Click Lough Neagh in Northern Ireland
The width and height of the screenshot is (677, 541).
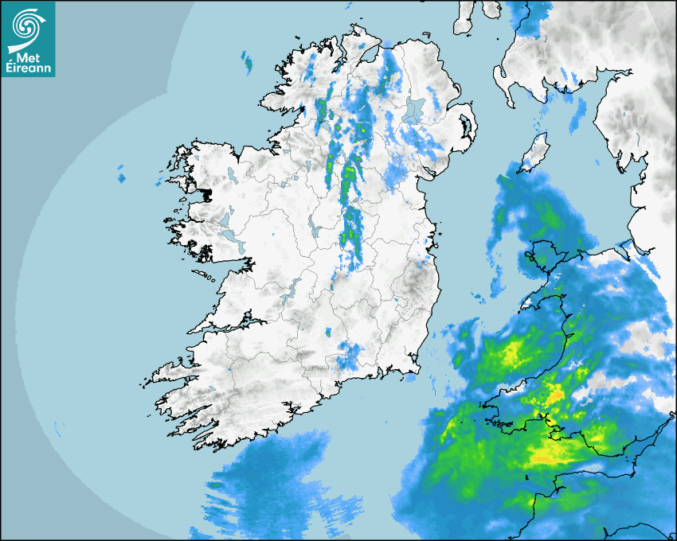pyautogui.click(x=414, y=110)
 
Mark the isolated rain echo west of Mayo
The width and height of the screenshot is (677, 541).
pyautogui.click(x=121, y=174)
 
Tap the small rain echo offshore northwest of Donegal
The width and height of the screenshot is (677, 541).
pyautogui.click(x=247, y=61)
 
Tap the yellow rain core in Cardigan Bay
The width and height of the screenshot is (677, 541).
pyautogui.click(x=510, y=350)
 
